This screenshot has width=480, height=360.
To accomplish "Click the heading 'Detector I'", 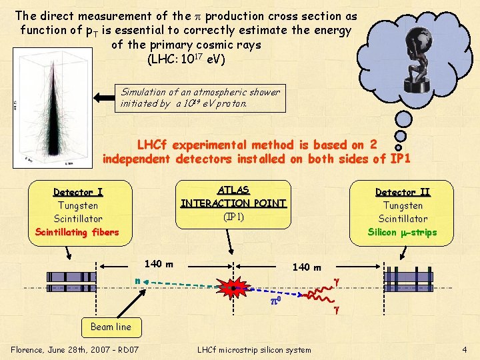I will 78,192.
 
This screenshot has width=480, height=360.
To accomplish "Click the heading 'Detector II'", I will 403,192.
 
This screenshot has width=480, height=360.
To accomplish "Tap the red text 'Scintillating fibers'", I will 77,232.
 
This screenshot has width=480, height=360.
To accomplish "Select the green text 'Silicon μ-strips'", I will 402,232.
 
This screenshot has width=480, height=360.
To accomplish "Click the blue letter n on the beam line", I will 137,281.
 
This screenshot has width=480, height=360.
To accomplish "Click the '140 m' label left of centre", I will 159,264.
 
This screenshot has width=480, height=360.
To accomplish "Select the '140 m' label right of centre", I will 307,267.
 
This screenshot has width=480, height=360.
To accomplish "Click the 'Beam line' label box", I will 111,327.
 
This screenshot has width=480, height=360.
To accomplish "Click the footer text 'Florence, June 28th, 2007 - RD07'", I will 75,349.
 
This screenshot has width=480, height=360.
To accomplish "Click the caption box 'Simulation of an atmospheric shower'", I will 201,97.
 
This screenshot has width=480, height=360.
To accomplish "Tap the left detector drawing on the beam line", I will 73,282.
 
